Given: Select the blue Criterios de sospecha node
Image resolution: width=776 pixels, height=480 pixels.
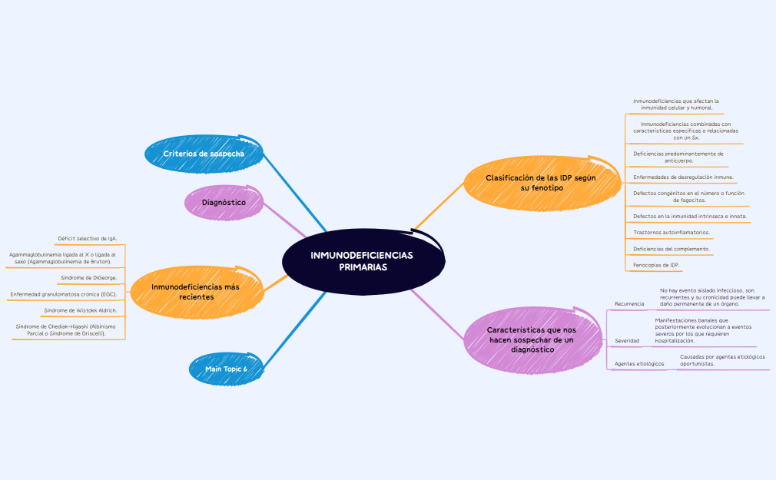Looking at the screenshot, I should [x=204, y=154].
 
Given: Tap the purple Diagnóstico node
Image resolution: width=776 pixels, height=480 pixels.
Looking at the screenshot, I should [x=224, y=203].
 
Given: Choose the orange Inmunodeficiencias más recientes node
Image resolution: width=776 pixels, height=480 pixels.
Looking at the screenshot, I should [x=196, y=291].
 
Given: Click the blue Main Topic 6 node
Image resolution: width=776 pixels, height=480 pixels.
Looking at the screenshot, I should [x=226, y=369].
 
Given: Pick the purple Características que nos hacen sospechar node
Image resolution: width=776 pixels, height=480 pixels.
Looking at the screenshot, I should [x=532, y=339].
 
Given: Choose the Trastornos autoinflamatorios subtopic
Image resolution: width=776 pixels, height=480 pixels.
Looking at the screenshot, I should [x=671, y=232].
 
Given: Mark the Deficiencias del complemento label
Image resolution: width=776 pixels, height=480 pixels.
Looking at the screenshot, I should [x=671, y=249].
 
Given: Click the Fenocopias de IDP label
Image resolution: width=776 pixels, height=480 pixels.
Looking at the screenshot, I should [x=656, y=265].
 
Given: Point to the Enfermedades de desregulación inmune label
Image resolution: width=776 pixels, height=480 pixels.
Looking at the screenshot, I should [x=683, y=177].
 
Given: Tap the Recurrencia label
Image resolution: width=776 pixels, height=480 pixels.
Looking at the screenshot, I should [x=629, y=304].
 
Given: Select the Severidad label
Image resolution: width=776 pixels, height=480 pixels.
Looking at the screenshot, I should [x=627, y=340].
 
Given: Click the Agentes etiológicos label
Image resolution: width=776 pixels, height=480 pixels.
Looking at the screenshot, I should [x=639, y=363].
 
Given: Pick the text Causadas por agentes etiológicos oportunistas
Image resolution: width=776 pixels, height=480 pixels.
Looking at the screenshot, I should [x=722, y=360].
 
